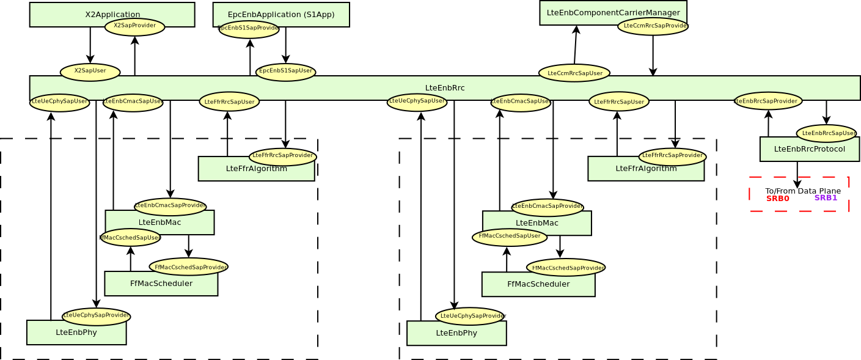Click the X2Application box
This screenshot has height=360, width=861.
[x=61, y=14]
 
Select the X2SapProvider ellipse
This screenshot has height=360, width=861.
[x=134, y=26]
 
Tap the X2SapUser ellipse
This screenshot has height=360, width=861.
[x=90, y=72]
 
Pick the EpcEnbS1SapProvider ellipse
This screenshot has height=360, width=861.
[x=249, y=29]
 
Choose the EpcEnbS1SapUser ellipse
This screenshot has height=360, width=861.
[x=285, y=72]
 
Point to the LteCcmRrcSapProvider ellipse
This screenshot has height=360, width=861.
[x=653, y=26]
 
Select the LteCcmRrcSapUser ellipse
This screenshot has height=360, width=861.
[x=574, y=73]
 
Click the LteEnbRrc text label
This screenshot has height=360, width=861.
[x=445, y=88]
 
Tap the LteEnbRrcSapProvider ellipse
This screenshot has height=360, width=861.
[x=768, y=101]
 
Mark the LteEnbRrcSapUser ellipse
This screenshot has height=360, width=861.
[x=826, y=133]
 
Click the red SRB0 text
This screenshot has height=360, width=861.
[x=777, y=199]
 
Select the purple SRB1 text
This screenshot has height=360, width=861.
[x=826, y=198]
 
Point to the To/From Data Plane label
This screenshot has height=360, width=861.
[x=803, y=191]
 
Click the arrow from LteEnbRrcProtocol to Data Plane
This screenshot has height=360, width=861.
[x=797, y=175]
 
